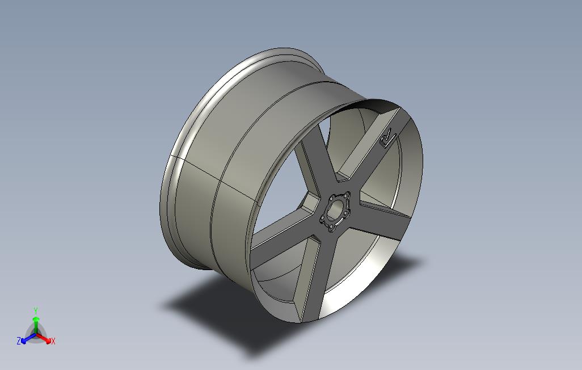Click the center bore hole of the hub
(336, 211)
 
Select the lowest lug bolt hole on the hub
(331, 228)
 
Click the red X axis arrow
(44, 339)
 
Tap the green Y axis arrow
(36, 324)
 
